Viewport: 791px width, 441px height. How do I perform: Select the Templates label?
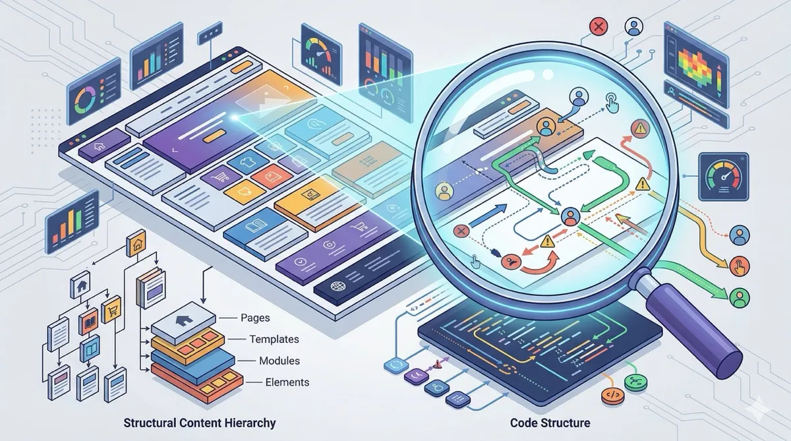(x=274, y=339)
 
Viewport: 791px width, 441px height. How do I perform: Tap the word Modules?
(x=279, y=361)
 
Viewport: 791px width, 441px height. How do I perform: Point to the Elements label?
(x=287, y=382)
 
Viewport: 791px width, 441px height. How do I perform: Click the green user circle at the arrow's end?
(x=740, y=296)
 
